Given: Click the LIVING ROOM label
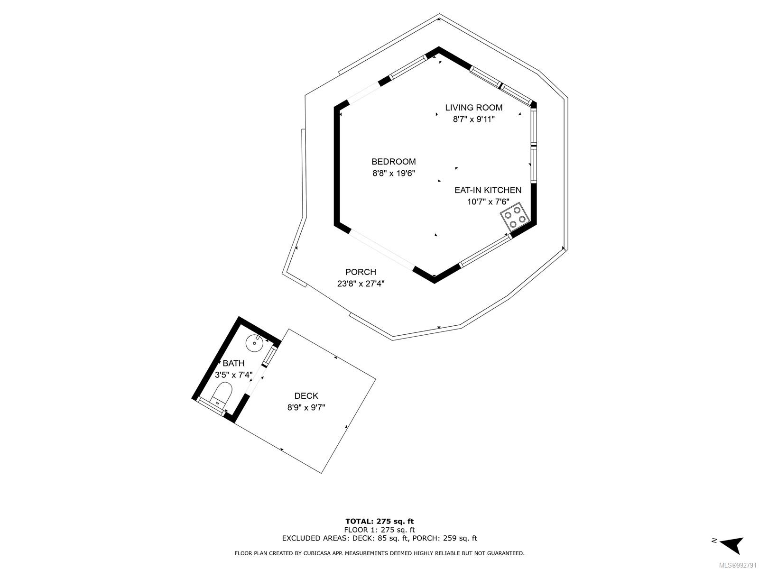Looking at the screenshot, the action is (473, 108).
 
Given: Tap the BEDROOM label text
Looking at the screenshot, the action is (394, 162).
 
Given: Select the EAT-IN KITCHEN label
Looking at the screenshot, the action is (488, 190).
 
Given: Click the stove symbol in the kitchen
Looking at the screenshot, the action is (515, 217).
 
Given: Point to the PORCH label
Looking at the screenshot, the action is (361, 272).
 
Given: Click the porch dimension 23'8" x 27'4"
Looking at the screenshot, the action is (361, 284).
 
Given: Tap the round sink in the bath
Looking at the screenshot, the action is (255, 343).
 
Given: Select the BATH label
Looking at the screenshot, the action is (233, 363).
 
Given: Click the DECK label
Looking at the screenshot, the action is (306, 395).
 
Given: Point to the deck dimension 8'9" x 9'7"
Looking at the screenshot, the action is (306, 407).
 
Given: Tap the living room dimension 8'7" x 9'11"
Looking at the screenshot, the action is (474, 119).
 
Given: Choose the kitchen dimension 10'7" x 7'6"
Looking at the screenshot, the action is (488, 202).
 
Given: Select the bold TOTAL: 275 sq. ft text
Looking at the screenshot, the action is (379, 521).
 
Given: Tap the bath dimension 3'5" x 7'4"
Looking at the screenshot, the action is (233, 375).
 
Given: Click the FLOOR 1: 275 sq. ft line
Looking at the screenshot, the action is (379, 530).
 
